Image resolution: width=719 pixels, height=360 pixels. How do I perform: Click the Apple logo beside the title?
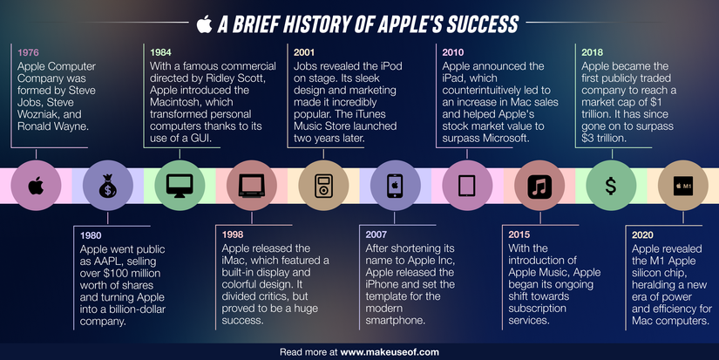click(x=205, y=23)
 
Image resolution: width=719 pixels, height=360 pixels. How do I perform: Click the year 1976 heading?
click(x=30, y=52)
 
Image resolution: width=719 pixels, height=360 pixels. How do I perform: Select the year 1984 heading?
click(x=162, y=52)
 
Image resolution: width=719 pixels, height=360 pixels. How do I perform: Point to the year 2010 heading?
click(x=455, y=52)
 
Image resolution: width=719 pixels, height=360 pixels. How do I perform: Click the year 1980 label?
click(x=92, y=235)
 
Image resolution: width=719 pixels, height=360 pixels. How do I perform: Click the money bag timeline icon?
click(x=107, y=186)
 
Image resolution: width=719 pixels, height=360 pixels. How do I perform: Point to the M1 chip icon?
click(x=682, y=186)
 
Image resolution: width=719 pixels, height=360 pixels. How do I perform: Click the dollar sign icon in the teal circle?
click(x=611, y=186)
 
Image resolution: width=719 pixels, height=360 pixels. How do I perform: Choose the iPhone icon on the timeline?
click(x=392, y=186)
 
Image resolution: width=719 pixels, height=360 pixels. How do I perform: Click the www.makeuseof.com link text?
click(x=390, y=352)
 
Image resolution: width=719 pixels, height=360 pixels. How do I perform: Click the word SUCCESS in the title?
click(x=476, y=24)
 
